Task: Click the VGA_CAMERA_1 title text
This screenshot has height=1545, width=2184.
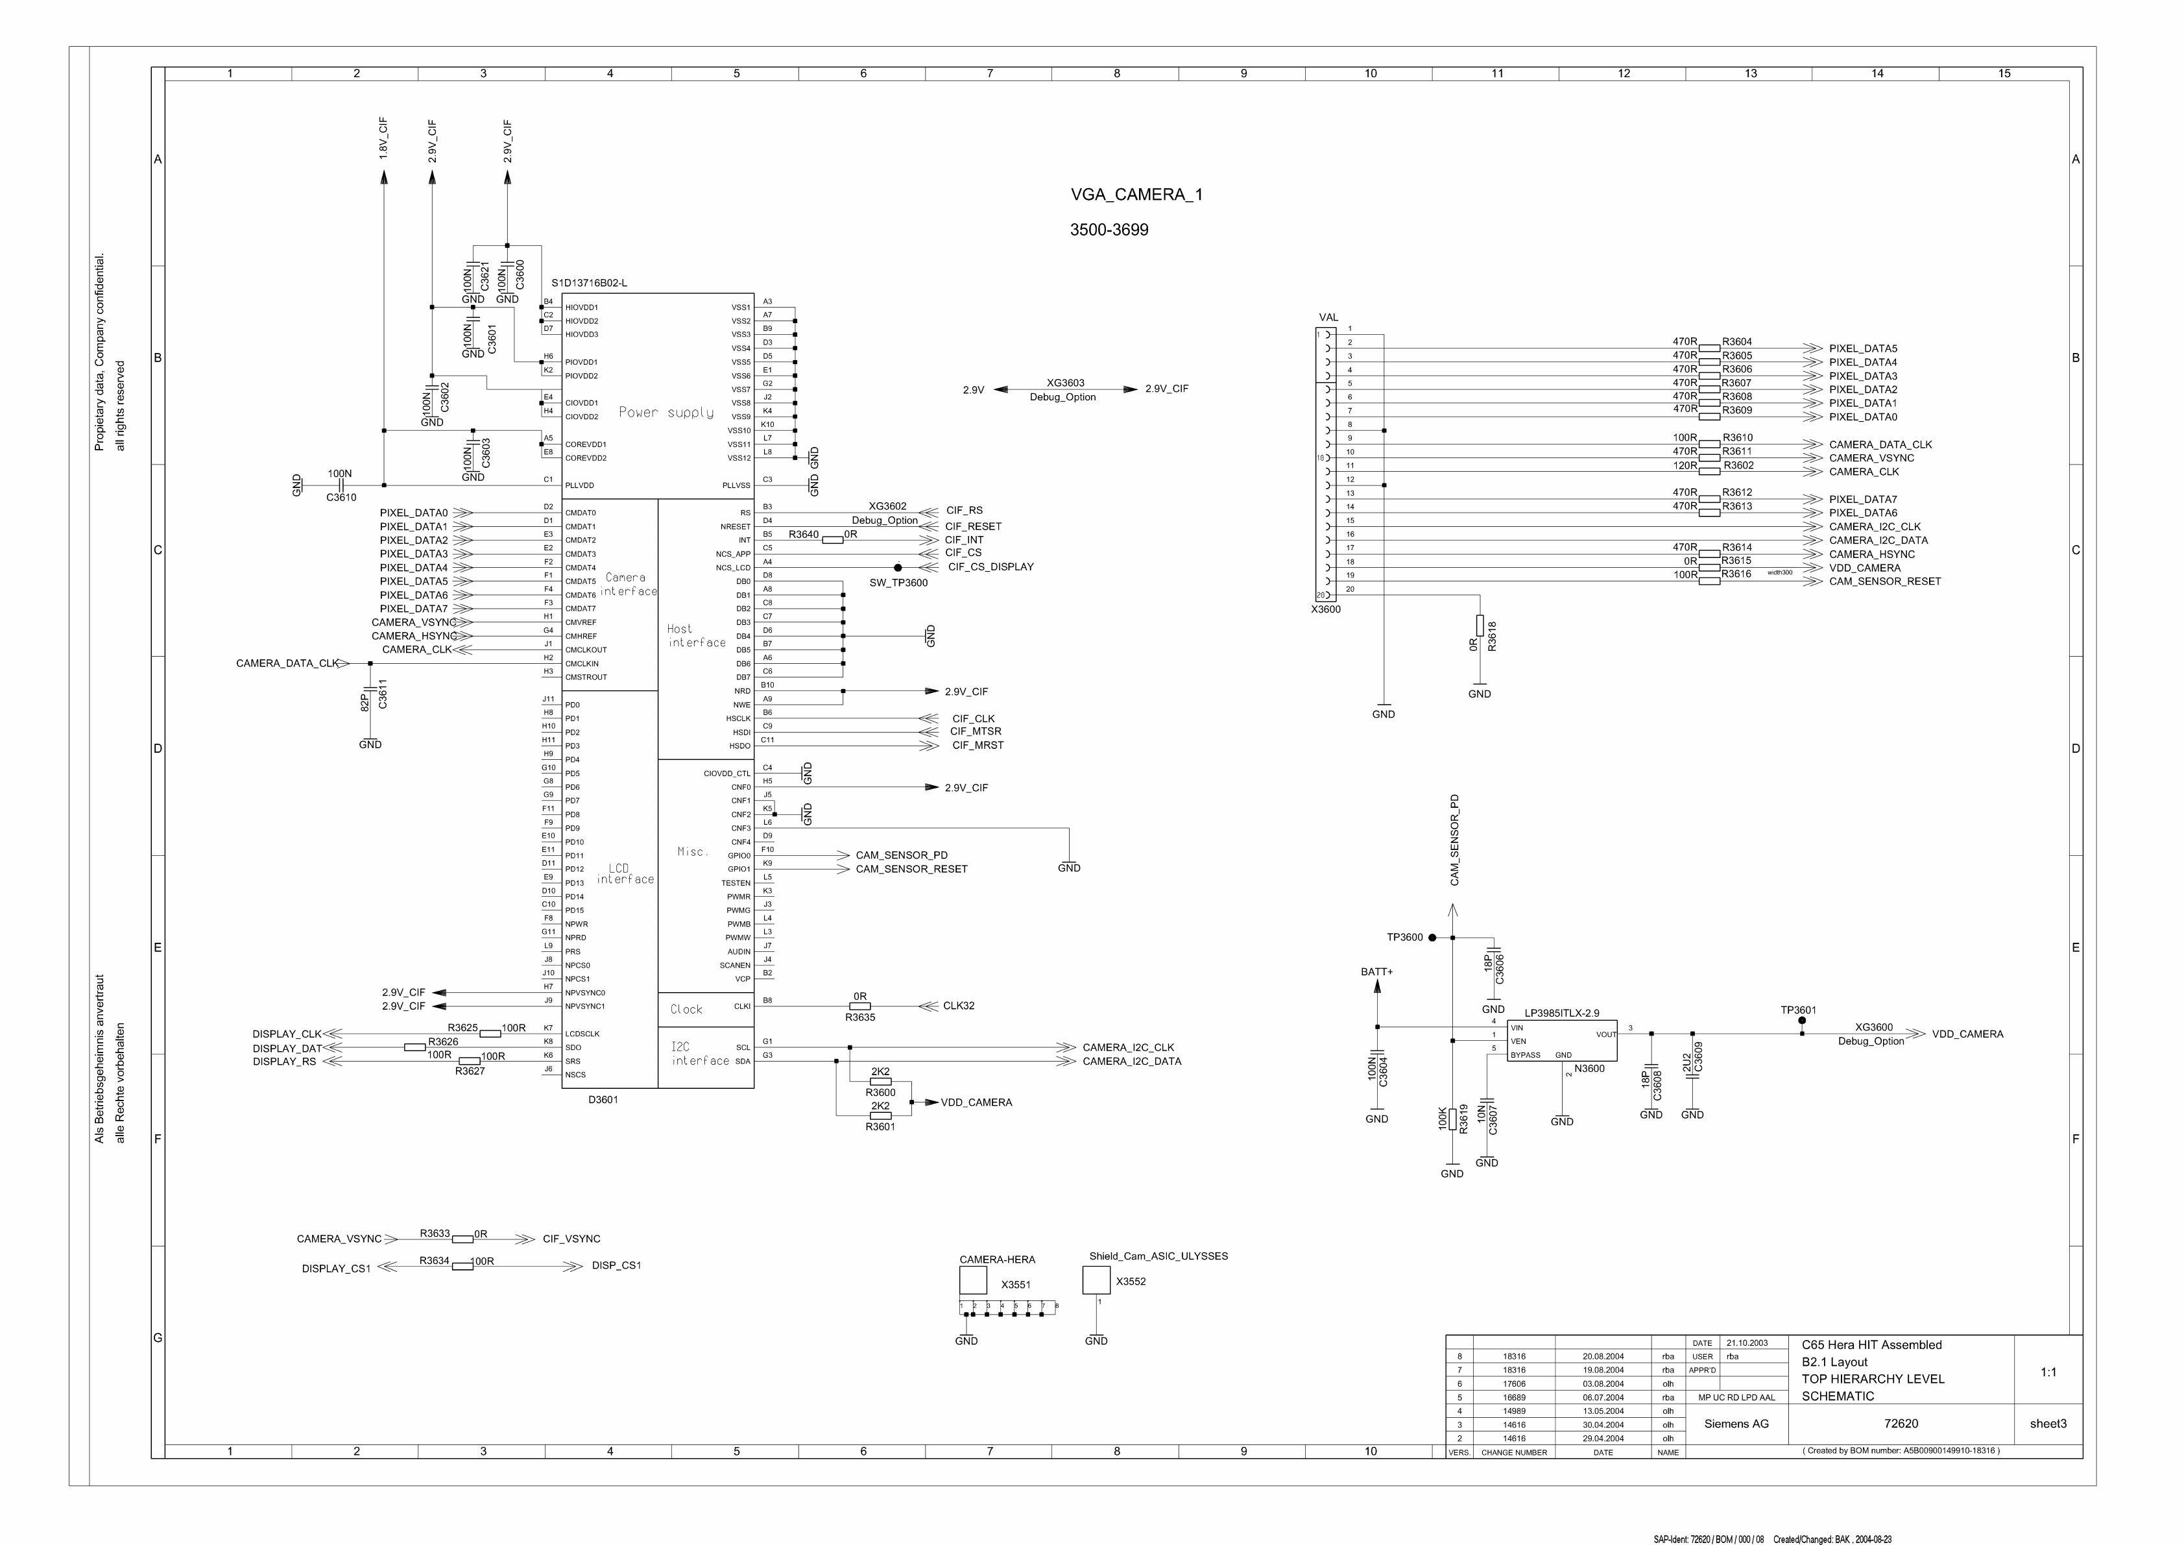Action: pyautogui.click(x=1136, y=195)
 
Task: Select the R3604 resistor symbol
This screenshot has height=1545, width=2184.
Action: pyautogui.click(x=1709, y=348)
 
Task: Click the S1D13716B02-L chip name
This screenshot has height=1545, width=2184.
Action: pyautogui.click(x=589, y=284)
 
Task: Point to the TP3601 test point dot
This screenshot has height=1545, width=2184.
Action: pyautogui.click(x=1801, y=1021)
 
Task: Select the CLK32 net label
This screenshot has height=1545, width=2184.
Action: pyautogui.click(x=958, y=1006)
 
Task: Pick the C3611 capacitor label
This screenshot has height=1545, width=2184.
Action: pyautogui.click(x=383, y=694)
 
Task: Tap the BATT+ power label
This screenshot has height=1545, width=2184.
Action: pyautogui.click(x=1376, y=972)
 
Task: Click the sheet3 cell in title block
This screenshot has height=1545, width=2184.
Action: pyautogui.click(x=2047, y=1424)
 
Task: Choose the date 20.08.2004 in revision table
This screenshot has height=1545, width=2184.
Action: pyautogui.click(x=1603, y=1357)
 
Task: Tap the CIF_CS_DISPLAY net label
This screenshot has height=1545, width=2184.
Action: pyautogui.click(x=990, y=567)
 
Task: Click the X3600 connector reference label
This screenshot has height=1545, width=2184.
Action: pyautogui.click(x=1325, y=610)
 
